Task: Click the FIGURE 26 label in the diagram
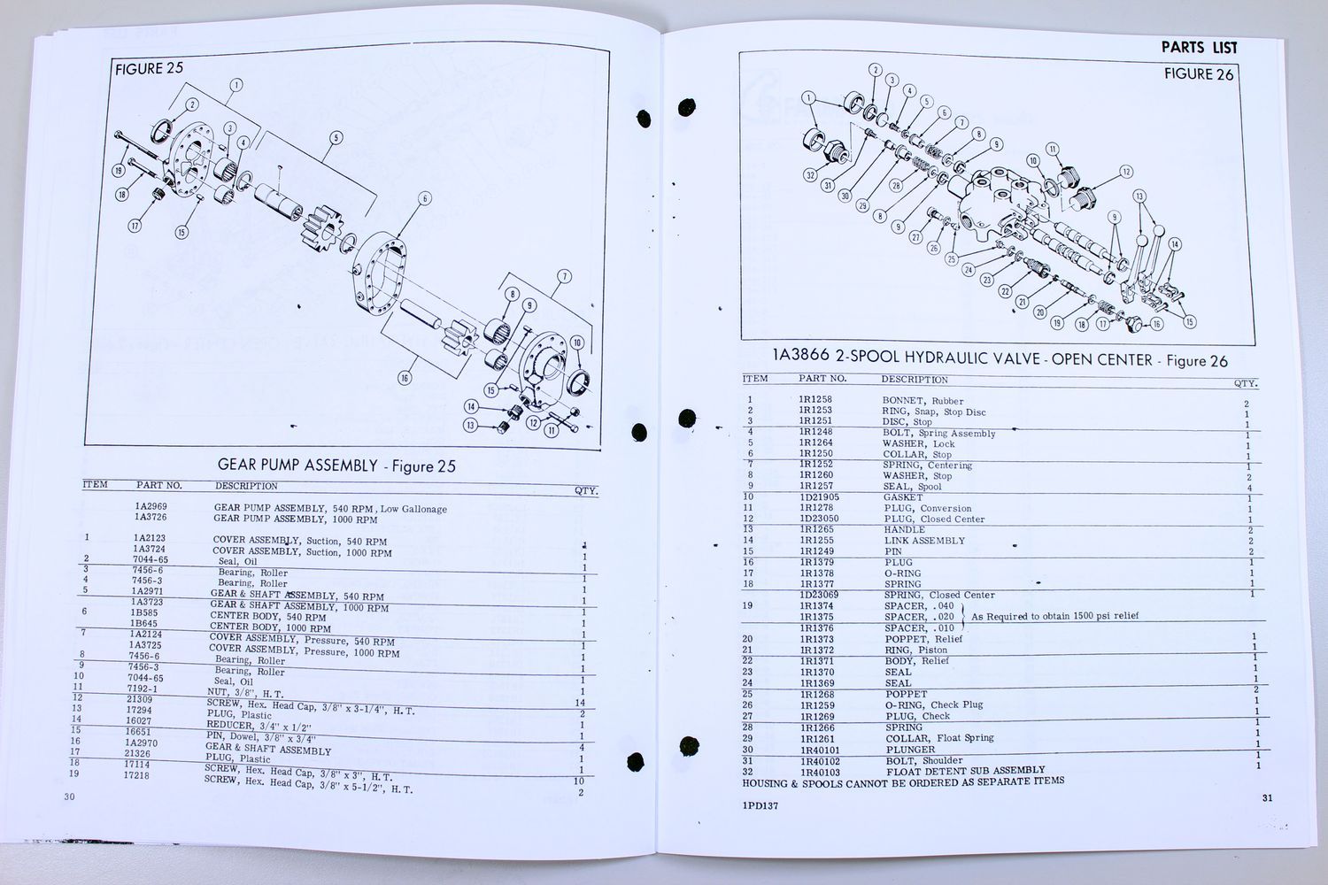click(1198, 74)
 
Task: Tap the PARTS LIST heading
click(1199, 48)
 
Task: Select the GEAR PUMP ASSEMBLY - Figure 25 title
click(336, 466)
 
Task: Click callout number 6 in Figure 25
click(425, 198)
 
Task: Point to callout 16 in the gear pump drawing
click(405, 378)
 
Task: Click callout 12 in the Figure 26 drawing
click(1125, 172)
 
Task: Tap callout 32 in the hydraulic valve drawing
click(809, 175)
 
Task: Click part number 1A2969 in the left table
click(151, 506)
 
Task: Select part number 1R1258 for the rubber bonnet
click(815, 400)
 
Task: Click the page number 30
click(70, 796)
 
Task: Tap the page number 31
click(1267, 797)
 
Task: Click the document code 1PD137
click(761, 806)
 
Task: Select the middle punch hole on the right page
click(686, 418)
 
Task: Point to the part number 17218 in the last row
click(136, 775)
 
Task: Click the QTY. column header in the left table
click(586, 490)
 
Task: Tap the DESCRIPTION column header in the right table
click(914, 380)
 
